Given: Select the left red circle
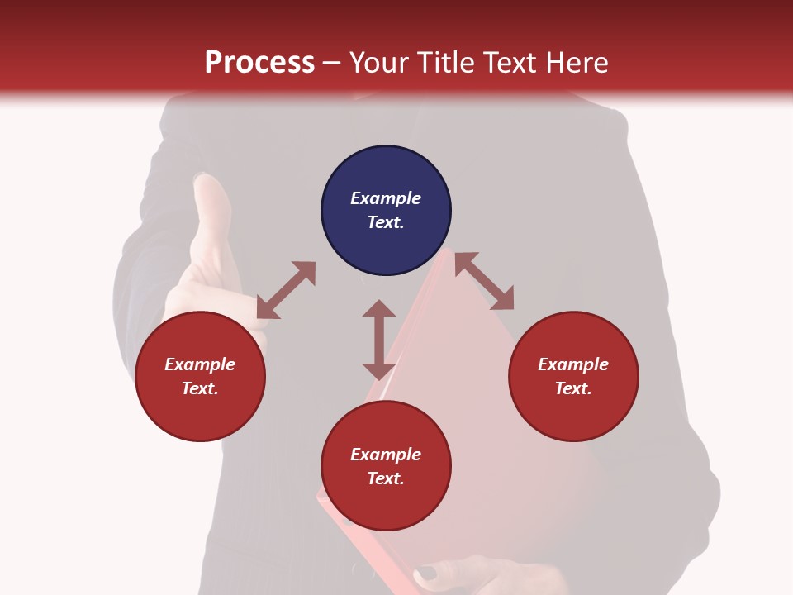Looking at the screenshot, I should (x=200, y=376).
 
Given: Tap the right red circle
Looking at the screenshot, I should (x=573, y=376).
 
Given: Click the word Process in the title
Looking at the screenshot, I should (x=259, y=63).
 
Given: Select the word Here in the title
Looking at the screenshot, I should (x=576, y=63).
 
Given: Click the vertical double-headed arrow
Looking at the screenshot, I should (x=379, y=340).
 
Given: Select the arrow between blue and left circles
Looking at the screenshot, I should (x=286, y=290).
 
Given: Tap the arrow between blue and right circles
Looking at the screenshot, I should (x=484, y=281).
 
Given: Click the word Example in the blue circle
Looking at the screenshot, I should (x=386, y=198).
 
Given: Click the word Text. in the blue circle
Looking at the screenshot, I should (x=386, y=222).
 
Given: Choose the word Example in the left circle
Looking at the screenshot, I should (x=200, y=364).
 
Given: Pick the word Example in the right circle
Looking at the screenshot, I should (x=573, y=364).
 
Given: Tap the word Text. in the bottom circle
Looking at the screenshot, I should (x=386, y=478).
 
